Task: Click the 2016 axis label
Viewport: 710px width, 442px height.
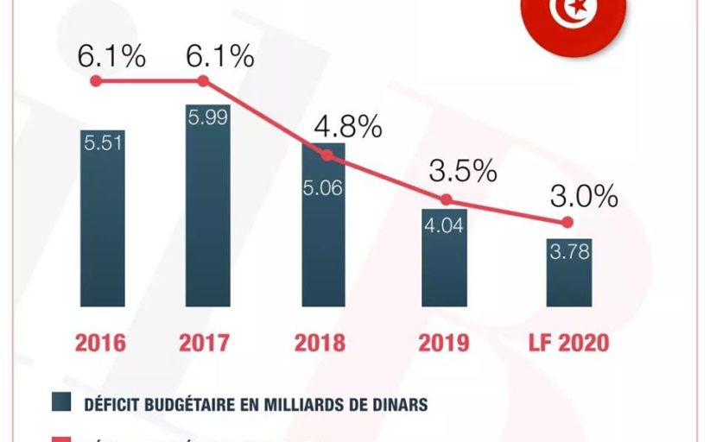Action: [100, 343]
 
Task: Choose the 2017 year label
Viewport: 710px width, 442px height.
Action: [204, 343]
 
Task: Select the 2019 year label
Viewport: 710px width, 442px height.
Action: [444, 343]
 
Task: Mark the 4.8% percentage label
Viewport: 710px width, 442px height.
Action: [347, 128]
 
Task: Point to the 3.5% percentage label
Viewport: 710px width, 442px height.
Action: [465, 171]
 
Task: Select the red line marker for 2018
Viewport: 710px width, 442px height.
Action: [326, 155]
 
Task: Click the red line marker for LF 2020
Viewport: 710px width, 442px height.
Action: [567, 223]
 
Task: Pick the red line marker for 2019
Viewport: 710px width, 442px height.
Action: [446, 199]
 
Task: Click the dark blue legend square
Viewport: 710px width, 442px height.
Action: [60, 403]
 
